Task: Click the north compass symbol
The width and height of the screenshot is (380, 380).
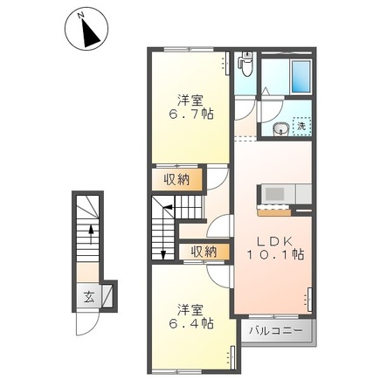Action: click(85, 30)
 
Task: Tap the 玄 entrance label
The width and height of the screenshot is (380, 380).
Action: click(89, 296)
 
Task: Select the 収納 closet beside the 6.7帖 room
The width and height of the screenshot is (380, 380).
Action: click(176, 180)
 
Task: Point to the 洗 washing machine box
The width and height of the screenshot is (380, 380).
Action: click(301, 127)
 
